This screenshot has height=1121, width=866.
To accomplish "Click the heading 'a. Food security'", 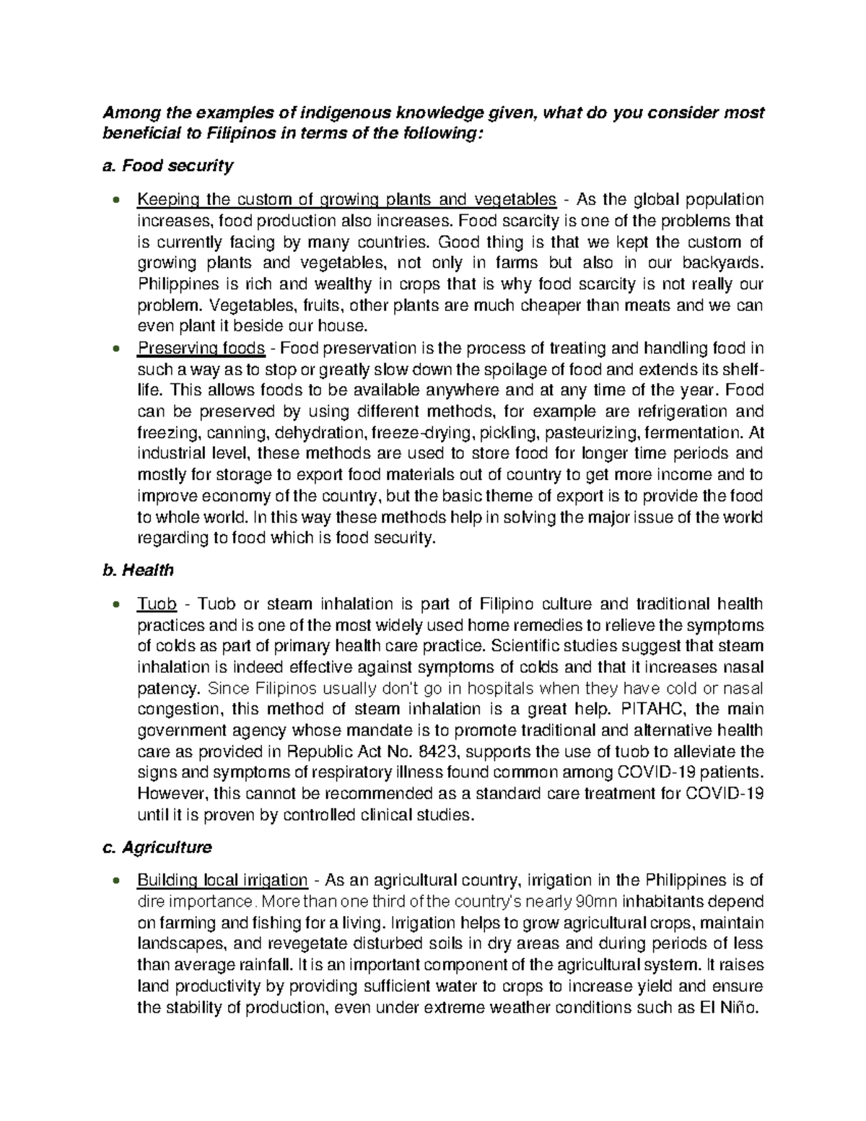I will pyautogui.click(x=167, y=166).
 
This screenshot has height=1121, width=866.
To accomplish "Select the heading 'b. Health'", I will pyautogui.click(x=137, y=570).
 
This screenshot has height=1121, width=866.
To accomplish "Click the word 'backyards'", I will pyautogui.click(x=725, y=263).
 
